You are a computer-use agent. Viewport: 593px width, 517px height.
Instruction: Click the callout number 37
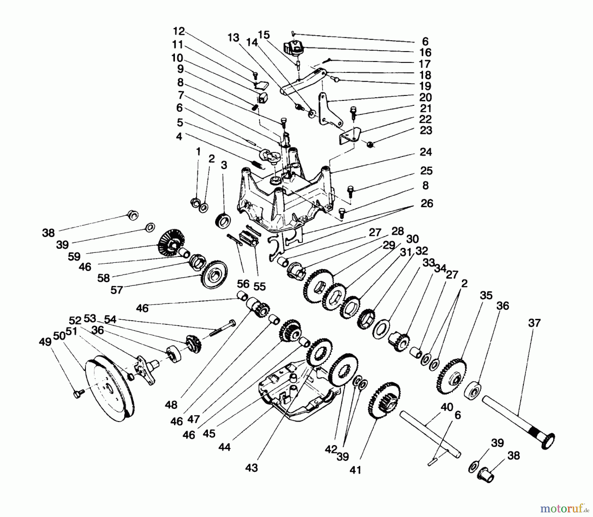click(x=534, y=322)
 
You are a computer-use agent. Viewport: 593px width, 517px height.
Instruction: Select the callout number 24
click(x=426, y=152)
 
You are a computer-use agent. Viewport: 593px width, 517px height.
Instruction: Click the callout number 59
click(x=74, y=256)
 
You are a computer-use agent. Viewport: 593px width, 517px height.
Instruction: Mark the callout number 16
click(x=425, y=52)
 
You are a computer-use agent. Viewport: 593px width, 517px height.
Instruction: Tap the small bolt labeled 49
click(x=78, y=393)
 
